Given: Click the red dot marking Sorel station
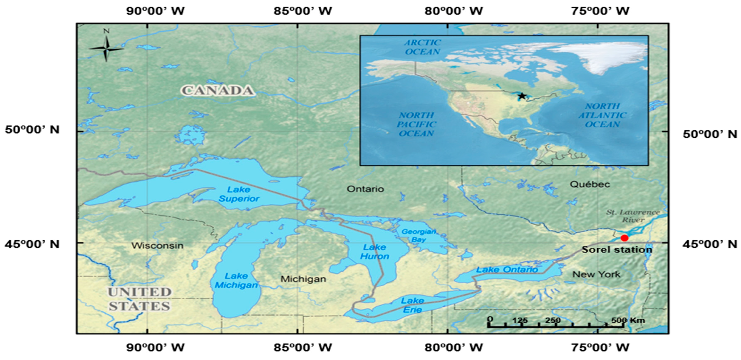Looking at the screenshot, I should tap(624, 238).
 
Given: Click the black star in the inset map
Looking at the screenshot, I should tap(522, 96).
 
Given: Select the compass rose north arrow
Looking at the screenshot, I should tap(106, 48).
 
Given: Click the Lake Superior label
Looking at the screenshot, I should tap(239, 194).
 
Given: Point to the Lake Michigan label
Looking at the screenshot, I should tap(236, 280).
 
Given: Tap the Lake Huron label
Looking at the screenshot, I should tap(374, 252).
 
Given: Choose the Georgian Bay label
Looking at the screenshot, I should tap(419, 235).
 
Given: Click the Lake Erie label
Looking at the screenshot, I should tap(413, 305).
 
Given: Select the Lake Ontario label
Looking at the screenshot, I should tap(507, 270).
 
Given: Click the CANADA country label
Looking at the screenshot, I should tap(218, 90).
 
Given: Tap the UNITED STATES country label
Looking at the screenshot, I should tap(140, 299).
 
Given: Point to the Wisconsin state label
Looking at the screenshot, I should tap(157, 245).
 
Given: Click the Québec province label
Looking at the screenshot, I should tap(590, 184).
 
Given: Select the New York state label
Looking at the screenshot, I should tap(596, 274).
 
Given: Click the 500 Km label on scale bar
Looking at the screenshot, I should tap(628, 320).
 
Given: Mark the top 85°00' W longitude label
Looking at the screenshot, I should tap(303, 11).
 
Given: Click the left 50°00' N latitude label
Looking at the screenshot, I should tap(32, 129).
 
